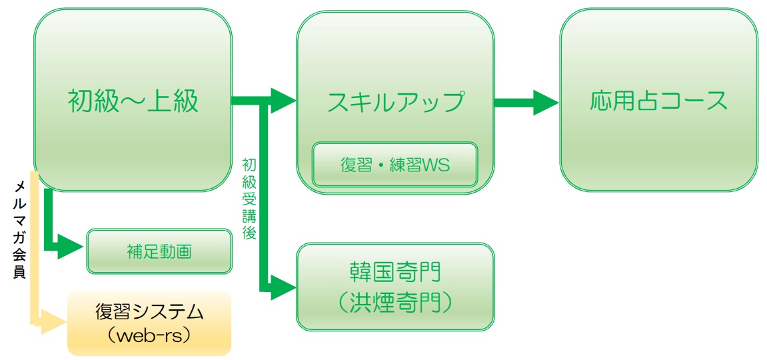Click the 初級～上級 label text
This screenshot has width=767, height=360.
click(133, 102)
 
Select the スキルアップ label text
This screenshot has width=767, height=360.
click(395, 102)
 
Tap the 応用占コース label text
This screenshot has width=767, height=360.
click(658, 101)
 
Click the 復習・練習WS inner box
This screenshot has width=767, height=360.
click(395, 165)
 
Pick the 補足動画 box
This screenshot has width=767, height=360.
click(159, 251)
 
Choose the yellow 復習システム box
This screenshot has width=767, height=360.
click(149, 323)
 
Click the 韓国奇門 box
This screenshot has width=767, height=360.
click(395, 287)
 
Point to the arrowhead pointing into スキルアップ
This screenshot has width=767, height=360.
click(283, 101)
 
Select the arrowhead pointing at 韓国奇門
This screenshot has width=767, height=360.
click(283, 287)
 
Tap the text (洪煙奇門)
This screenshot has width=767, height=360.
click(395, 303)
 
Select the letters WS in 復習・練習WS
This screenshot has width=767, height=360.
click(437, 165)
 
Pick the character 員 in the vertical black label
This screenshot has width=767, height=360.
click(20, 271)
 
